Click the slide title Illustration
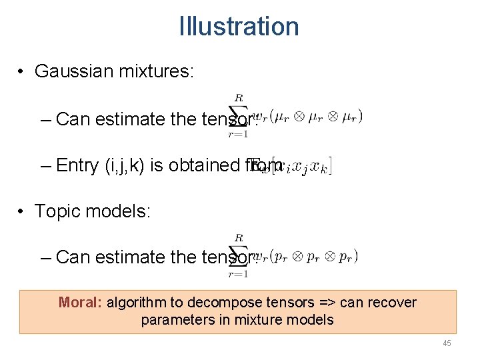[239, 27]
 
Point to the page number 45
[447, 343]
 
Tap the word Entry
[77, 165]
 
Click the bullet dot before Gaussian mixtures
[22, 72]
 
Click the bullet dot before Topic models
[22, 212]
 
